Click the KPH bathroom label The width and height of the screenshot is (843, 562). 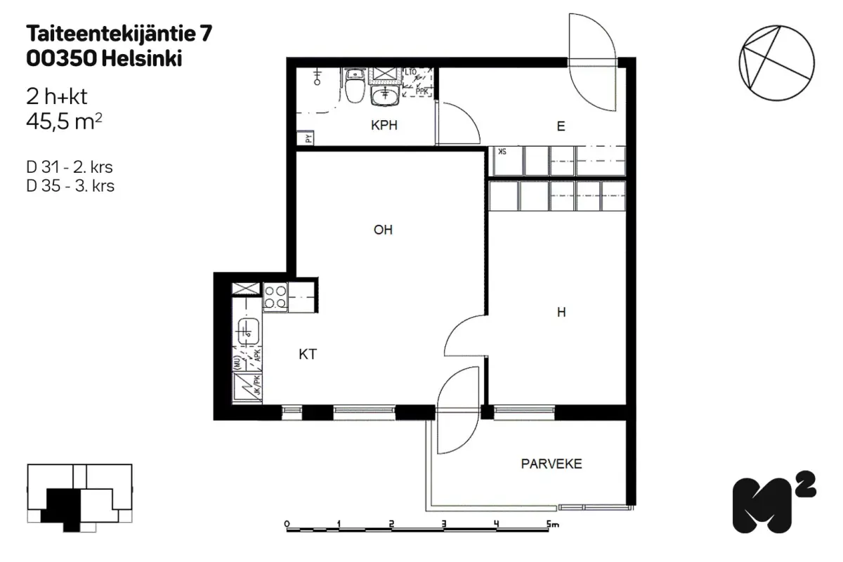(384, 126)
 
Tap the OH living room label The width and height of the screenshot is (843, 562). (383, 230)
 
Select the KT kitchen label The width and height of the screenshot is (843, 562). (307, 355)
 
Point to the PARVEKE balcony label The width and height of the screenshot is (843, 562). (551, 464)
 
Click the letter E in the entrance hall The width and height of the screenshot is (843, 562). (561, 126)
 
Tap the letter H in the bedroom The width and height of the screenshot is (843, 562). (561, 313)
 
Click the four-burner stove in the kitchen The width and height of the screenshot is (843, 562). (275, 296)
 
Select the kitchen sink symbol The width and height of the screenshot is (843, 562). (247, 330)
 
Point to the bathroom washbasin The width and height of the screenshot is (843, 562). (384, 95)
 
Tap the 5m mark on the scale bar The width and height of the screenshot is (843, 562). (550, 524)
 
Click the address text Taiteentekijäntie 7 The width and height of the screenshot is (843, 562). (119, 32)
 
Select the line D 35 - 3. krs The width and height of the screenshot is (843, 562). (70, 186)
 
